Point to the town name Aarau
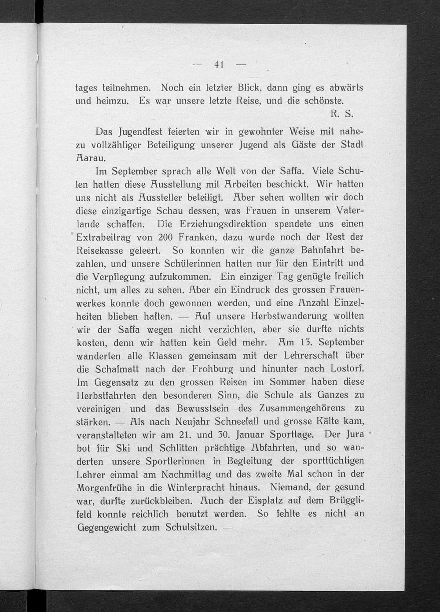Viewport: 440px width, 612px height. tap(88, 158)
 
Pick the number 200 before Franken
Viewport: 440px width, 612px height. tap(165, 237)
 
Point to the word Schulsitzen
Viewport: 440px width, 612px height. tap(191, 527)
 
